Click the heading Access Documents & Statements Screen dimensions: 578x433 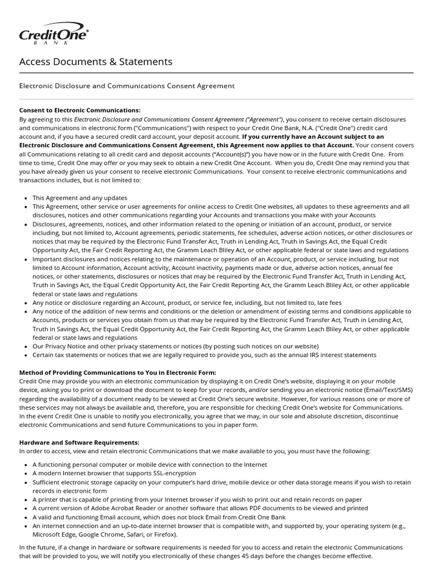[96, 62]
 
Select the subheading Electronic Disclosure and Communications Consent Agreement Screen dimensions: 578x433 [127, 86]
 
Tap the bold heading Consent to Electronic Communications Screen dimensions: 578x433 [79, 111]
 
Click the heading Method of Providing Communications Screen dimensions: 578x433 [118, 373]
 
